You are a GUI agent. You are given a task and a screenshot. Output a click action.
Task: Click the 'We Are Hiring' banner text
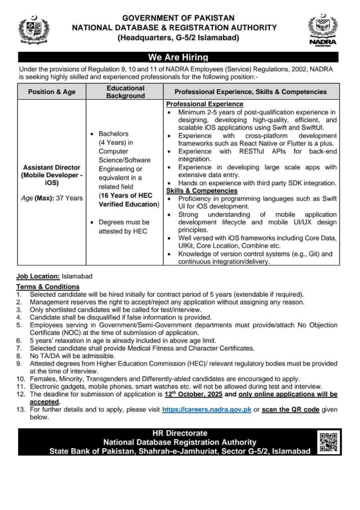point(178,57)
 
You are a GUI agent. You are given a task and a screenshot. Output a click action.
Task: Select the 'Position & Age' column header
point(52,92)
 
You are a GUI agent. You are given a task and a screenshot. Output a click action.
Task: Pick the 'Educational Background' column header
point(125,92)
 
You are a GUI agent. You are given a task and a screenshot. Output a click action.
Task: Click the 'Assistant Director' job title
point(52,167)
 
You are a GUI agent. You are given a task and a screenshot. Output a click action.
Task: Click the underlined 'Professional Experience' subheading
point(205,104)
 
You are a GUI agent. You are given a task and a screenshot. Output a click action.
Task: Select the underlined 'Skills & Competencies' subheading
point(202,191)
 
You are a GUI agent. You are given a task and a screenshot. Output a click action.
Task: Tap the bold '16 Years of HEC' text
point(125,196)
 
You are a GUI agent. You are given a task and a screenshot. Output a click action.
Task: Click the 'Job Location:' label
point(38,276)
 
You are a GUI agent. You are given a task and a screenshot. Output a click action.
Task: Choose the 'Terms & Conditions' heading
point(48,287)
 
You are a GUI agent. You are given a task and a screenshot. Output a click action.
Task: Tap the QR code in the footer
point(328,442)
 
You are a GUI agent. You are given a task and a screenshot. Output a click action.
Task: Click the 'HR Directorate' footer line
point(179,433)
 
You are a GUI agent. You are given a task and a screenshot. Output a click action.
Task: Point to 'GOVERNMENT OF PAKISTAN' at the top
point(178,18)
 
